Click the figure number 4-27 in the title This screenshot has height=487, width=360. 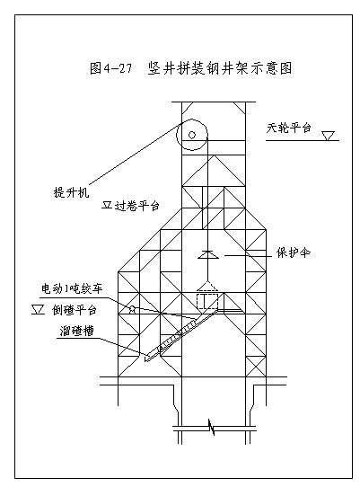coord(119,68)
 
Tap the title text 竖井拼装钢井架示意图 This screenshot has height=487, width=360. coord(220,68)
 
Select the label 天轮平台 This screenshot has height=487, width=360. coord(288,128)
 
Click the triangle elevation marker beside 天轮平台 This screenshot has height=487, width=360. coord(328,136)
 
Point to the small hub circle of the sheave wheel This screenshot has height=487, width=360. coord(192,135)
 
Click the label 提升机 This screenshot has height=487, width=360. coord(72,192)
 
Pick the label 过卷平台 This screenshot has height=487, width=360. coord(137,205)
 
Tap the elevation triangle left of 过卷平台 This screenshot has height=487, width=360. coord(107,205)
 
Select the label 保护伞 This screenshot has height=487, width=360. coord(294,252)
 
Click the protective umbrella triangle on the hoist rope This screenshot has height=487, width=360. coord(208,254)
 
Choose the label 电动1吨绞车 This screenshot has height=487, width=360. coord(72,288)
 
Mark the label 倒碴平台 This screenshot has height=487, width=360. coord(75,310)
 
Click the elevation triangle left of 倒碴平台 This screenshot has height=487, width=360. coord(39,310)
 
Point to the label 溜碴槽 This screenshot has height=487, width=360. coord(76,331)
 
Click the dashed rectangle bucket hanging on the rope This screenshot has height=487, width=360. coord(207,301)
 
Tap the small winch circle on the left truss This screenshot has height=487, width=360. coord(133,309)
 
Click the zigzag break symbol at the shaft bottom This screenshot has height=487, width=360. coord(212,428)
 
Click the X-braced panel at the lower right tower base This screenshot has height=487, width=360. coord(256,367)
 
